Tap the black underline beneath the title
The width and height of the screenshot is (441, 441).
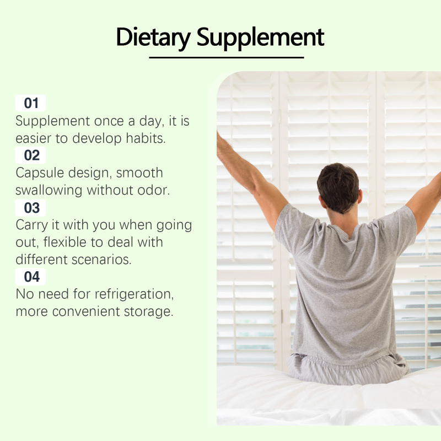click(x=227, y=58)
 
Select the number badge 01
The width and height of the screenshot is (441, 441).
click(x=30, y=103)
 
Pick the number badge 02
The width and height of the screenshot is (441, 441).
click(x=30, y=155)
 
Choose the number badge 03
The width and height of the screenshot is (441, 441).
click(x=30, y=208)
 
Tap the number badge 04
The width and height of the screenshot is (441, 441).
click(x=30, y=277)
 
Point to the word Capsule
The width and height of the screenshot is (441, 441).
click(x=39, y=173)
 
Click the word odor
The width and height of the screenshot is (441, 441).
click(x=154, y=190)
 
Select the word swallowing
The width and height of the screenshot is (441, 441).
click(x=49, y=191)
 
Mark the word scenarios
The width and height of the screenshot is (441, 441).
click(x=101, y=260)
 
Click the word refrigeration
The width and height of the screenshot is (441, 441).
click(x=134, y=295)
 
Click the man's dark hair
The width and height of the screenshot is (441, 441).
click(x=338, y=186)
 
